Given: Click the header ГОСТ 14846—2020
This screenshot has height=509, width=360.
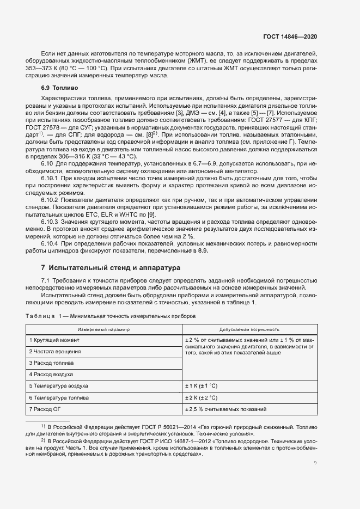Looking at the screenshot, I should pyautogui.click(x=289, y=37).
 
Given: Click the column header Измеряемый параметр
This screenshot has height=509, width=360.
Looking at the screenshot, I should pyautogui.click(x=104, y=329).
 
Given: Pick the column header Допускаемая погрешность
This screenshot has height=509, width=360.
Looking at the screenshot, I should pyautogui.click(x=249, y=329).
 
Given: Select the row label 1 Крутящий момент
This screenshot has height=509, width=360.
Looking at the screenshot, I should pyautogui.click(x=54, y=340).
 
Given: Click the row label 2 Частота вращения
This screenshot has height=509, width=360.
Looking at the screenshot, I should pyautogui.click(x=57, y=352).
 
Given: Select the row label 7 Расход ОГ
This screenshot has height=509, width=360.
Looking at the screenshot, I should pyautogui.click(x=47, y=409).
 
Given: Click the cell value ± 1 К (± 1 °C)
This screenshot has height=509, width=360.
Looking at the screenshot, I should pyautogui.click(x=202, y=386).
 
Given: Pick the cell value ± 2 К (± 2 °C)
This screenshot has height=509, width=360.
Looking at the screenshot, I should pyautogui.click(x=202, y=398).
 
